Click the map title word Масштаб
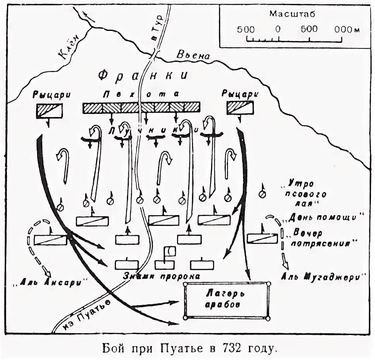click(x=292, y=14)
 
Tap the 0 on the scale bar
click(x=278, y=29)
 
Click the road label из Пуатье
click(x=84, y=313)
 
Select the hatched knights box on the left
click(x=49, y=110)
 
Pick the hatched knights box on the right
click(x=240, y=108)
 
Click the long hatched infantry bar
click(x=141, y=108)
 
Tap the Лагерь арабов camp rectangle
click(x=227, y=300)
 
